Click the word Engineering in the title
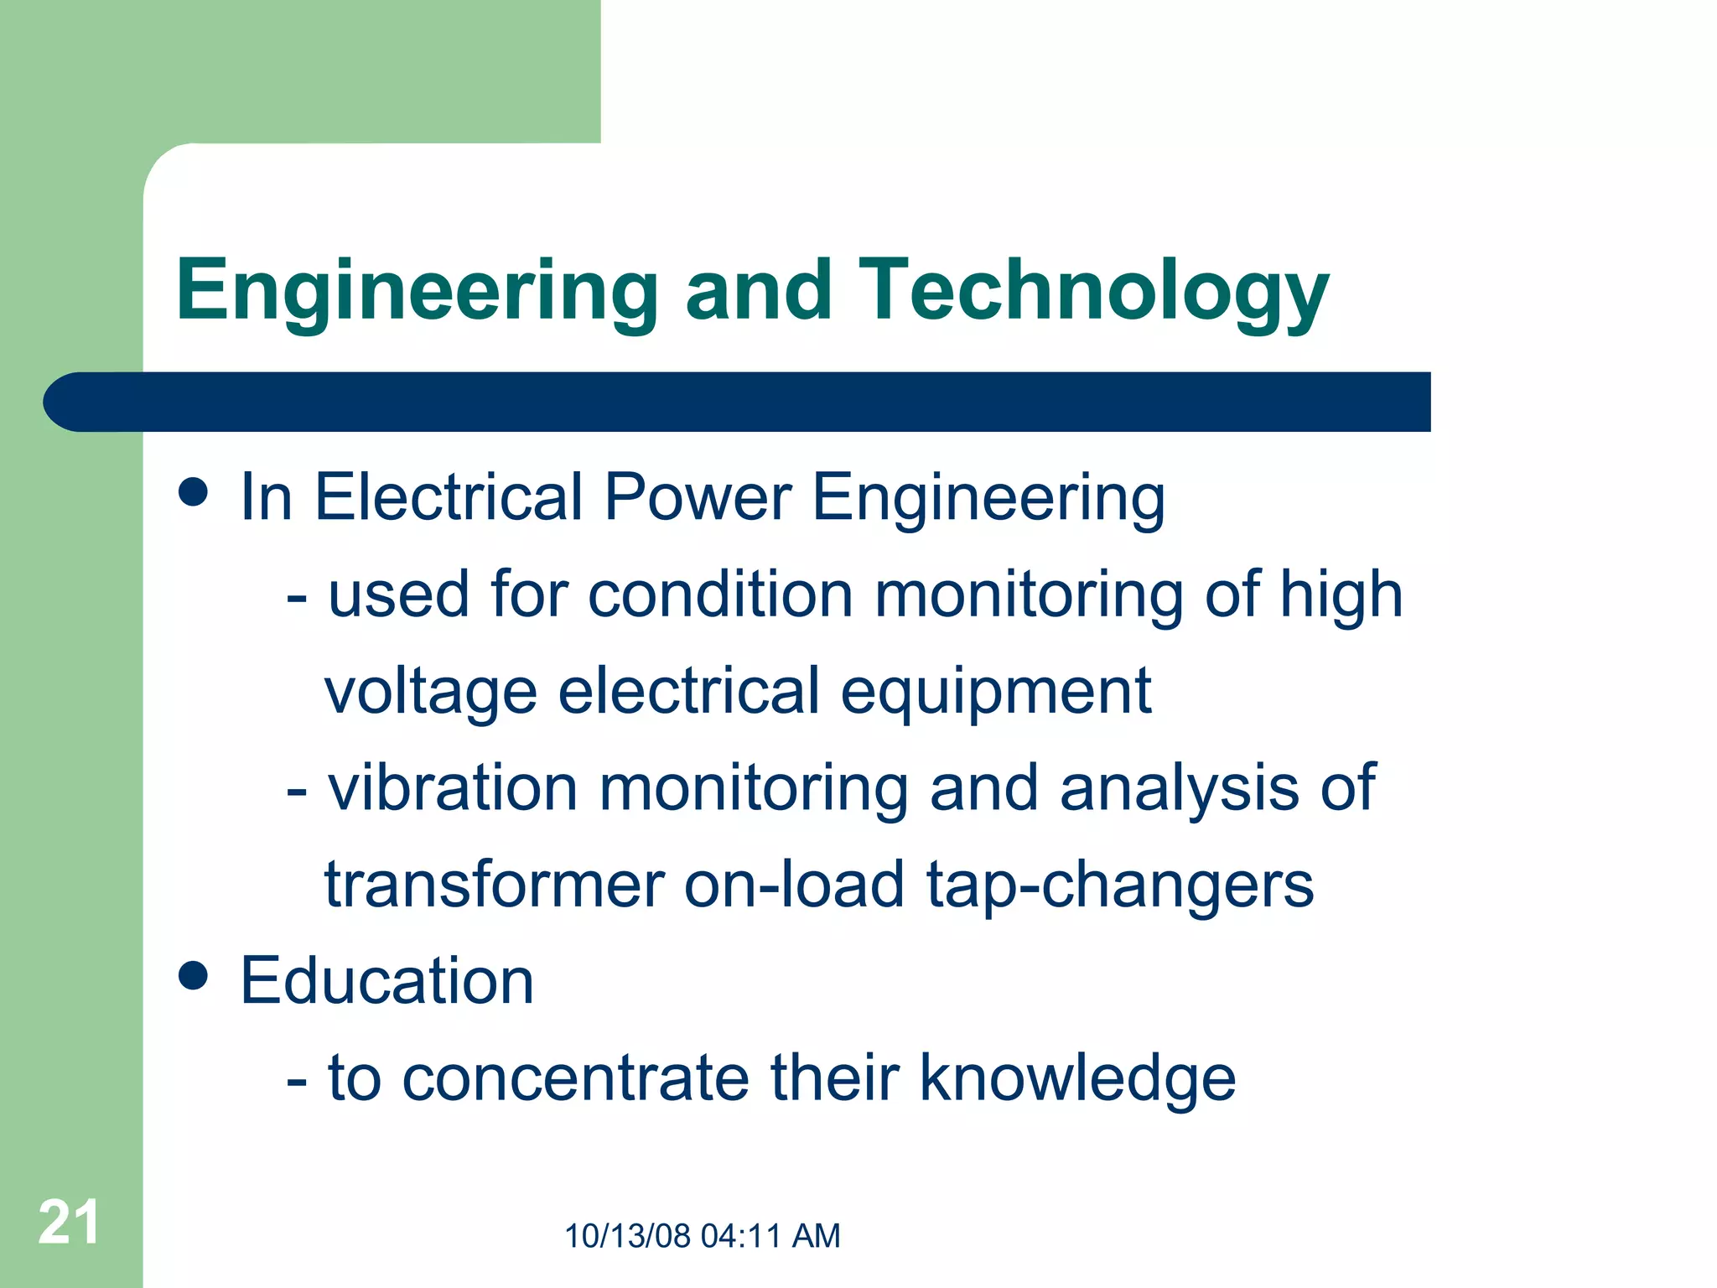[x=417, y=290]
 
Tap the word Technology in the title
[x=1092, y=290]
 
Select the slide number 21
[x=69, y=1223]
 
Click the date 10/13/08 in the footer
[x=628, y=1236]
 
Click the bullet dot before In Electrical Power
[x=194, y=492]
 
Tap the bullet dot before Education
[x=194, y=975]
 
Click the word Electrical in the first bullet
[x=449, y=496]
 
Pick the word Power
[x=698, y=496]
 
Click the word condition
[x=720, y=595]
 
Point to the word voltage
[x=430, y=693]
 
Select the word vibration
[x=453, y=788]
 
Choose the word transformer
[x=494, y=885]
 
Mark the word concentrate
[x=575, y=1078]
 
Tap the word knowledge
[x=1077, y=1078]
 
